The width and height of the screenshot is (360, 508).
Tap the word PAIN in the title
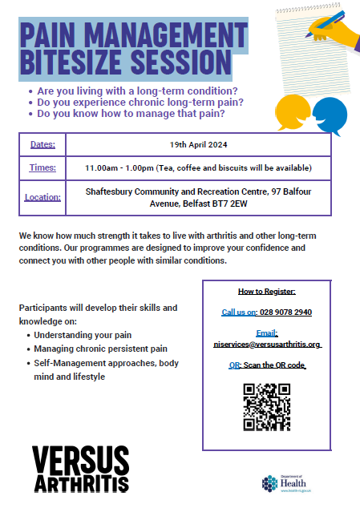click(52, 36)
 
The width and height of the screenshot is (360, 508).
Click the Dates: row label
click(42, 144)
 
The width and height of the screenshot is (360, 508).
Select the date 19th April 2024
click(198, 144)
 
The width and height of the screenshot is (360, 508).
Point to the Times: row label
click(42, 167)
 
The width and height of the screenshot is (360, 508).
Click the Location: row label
click(42, 197)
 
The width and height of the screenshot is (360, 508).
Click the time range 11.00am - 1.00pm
click(120, 167)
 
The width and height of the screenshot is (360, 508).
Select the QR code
click(266, 407)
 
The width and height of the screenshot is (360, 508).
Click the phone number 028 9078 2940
click(285, 312)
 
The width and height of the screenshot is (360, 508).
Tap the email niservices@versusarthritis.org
click(267, 344)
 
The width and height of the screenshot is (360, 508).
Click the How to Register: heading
click(267, 291)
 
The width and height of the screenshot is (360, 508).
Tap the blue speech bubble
click(329, 114)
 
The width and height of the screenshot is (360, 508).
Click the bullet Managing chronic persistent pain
click(100, 349)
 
